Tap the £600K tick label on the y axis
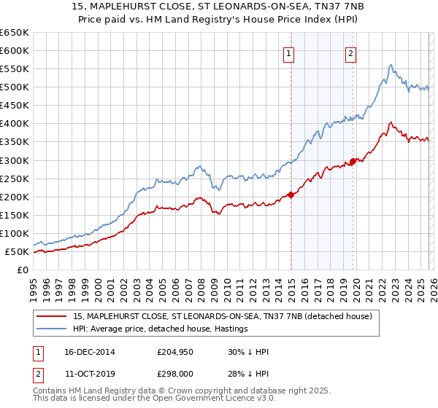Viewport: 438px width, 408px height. [15, 50]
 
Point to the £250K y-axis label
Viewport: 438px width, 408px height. [15, 178]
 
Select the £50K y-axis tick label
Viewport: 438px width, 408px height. [18, 252]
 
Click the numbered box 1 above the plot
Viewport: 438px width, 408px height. [290, 52]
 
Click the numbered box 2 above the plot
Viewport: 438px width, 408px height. [351, 52]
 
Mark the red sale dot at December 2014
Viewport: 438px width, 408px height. [291, 195]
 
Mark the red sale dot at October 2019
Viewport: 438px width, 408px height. [353, 161]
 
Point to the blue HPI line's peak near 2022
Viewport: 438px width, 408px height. [391, 65]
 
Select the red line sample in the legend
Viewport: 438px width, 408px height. [53, 316]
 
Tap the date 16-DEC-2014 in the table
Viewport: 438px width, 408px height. [103, 352]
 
